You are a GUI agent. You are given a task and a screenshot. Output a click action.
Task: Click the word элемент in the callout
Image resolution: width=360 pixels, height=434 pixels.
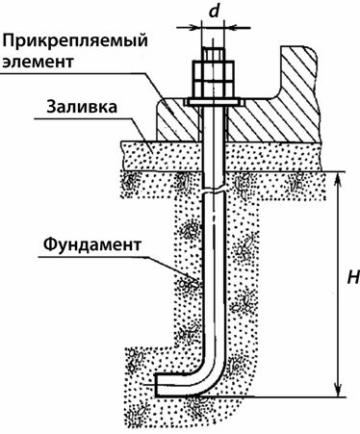pyautogui.click(x=39, y=64)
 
